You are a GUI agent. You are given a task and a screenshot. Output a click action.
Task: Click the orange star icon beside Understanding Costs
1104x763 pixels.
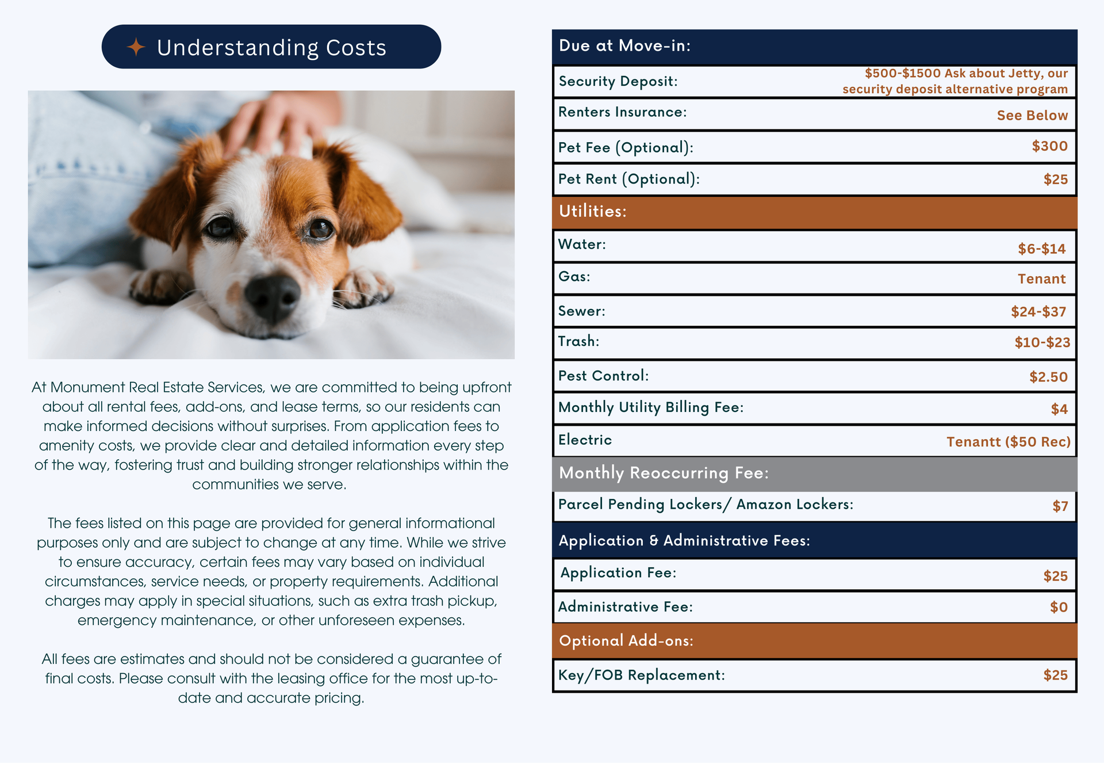coord(136,47)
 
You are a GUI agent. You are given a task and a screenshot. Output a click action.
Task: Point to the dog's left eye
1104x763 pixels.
coord(318,229)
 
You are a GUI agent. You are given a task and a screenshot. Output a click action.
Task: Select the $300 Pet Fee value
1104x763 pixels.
coord(1049,146)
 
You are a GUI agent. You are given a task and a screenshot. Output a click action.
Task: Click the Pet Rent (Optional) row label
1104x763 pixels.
coord(628,179)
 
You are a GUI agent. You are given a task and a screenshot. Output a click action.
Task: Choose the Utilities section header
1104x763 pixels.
coord(592,211)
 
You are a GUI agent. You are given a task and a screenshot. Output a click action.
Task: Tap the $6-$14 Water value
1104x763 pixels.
coord(1041,249)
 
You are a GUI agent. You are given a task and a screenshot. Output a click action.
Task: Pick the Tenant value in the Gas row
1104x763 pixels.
coord(1041,279)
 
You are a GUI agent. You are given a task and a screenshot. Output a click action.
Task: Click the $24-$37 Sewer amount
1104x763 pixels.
coord(1038,312)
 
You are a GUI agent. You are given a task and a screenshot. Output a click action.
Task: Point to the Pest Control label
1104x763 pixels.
coord(603,376)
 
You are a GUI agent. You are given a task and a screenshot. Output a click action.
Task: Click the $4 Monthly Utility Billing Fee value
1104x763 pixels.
coord(1059,409)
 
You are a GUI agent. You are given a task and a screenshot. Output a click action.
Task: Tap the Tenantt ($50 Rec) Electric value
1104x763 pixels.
coord(1008,442)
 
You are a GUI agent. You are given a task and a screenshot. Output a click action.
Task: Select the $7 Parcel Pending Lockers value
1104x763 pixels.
coord(1060,506)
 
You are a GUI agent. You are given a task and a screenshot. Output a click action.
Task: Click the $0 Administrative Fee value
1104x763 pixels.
coord(1059,607)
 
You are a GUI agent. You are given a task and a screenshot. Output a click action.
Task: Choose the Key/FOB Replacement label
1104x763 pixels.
coord(641,675)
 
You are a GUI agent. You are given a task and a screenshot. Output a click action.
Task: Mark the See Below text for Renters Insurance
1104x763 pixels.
coord(1032,116)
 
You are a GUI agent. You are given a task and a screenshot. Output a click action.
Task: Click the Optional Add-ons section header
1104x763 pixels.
coord(626,641)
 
